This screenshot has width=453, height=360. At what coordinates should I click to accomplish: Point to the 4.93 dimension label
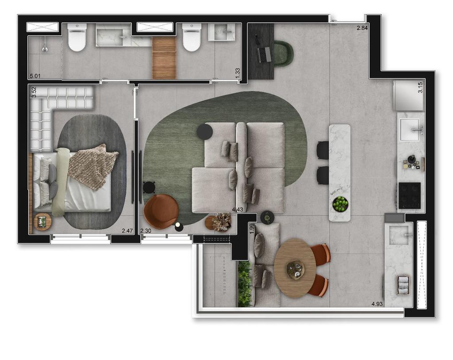point(377,304)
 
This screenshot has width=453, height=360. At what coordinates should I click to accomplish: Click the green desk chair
point(283,54)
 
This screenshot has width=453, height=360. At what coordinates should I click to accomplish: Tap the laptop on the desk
point(265,54)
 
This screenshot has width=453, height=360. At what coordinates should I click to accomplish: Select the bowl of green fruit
point(340,204)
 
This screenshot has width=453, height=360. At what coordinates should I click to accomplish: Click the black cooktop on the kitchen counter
point(409,195)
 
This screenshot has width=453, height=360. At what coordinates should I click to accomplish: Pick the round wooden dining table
point(295,268)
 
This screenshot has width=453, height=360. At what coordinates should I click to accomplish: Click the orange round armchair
point(161,211)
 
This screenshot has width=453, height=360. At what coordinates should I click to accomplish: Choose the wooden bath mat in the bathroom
point(164,58)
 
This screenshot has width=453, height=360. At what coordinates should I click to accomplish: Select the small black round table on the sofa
point(205,131)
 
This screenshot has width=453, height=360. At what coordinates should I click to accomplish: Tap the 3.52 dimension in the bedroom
point(34,92)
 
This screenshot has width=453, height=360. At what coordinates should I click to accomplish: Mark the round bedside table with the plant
point(42,222)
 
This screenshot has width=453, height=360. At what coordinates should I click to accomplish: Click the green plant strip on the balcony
point(244,283)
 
